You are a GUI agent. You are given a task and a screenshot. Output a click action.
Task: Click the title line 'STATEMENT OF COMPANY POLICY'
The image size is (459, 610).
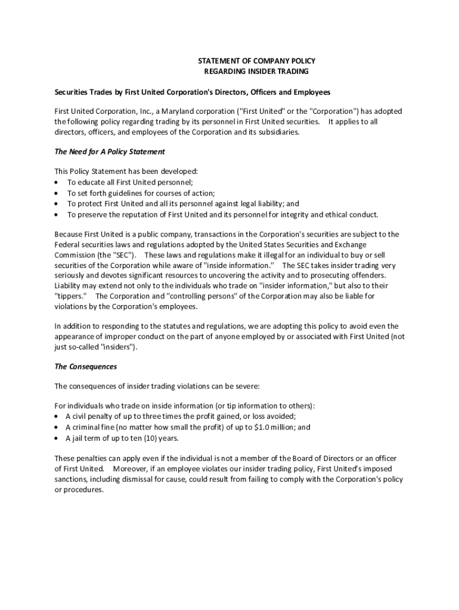click(256, 61)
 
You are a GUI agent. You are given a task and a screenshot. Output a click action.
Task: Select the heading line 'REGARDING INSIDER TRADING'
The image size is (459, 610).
click(256, 71)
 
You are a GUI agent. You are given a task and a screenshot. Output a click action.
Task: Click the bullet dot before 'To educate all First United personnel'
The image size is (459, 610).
click(56, 183)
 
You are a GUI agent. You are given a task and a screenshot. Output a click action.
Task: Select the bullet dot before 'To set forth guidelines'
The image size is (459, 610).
click(56, 194)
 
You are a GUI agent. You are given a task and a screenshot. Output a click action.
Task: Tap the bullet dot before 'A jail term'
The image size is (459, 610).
click(56, 438)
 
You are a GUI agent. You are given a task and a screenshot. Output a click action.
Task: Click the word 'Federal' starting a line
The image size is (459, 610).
click(67, 245)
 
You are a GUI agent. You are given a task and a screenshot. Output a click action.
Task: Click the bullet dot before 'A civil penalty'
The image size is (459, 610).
click(56, 417)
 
